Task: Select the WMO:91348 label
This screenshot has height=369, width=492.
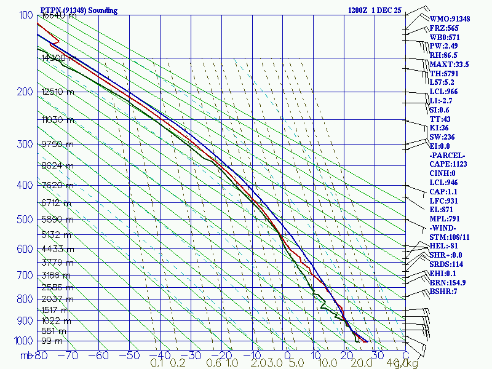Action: [450, 19]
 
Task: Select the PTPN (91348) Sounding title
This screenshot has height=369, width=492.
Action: [79, 10]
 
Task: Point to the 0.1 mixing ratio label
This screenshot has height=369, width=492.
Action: [157, 363]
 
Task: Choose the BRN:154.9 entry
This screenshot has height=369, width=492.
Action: [448, 282]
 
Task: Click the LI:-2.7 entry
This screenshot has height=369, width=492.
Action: [443, 101]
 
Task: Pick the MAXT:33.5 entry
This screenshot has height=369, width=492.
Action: [450, 65]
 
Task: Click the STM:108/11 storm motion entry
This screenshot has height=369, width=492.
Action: [450, 237]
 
